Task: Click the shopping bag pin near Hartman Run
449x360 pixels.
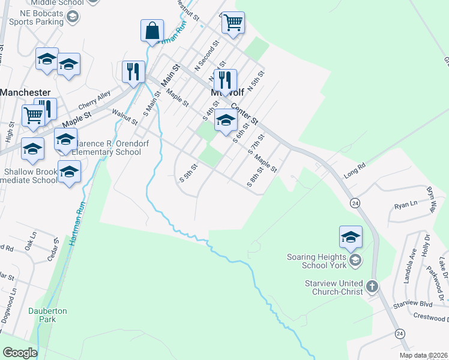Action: tap(152, 31)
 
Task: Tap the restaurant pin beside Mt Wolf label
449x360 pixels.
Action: tap(225, 80)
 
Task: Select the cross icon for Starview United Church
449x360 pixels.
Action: tap(372, 286)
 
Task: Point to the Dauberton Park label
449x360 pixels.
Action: tap(47, 315)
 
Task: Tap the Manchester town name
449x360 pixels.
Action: tap(25, 92)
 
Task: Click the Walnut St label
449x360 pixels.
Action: tap(125, 115)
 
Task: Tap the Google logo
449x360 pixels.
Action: tap(20, 353)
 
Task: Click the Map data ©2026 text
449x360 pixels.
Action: tap(423, 355)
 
